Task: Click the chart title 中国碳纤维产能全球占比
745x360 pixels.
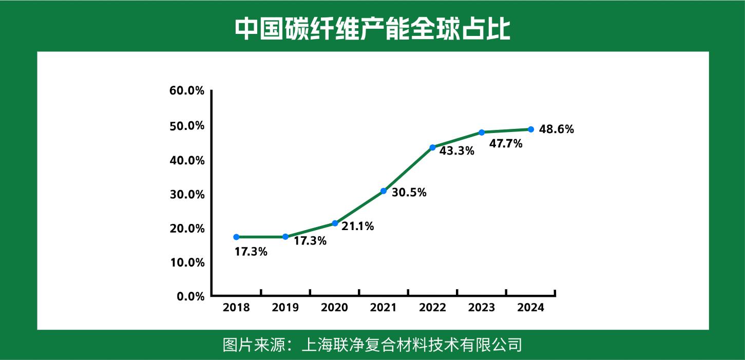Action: click(372, 29)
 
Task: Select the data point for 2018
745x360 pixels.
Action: click(236, 237)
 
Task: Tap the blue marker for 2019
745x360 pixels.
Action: click(285, 237)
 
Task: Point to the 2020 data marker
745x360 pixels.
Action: click(335, 223)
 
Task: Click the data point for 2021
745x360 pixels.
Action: click(384, 191)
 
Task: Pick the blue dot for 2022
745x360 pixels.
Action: click(432, 147)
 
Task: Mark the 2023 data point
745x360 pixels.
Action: click(482, 132)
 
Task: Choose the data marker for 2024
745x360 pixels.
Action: click(531, 129)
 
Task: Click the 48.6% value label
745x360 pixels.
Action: click(557, 130)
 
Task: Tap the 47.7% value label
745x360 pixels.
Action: click(506, 144)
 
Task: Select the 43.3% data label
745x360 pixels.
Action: click(457, 151)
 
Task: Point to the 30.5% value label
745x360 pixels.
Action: click(409, 193)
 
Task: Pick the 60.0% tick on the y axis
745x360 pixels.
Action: click(187, 91)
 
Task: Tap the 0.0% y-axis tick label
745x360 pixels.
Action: click(190, 296)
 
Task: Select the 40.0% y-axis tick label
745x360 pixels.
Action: click(187, 160)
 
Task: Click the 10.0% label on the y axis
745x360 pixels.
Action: click(187, 262)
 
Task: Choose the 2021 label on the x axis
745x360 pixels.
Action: click(384, 308)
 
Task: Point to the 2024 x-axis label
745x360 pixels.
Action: click(530, 308)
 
